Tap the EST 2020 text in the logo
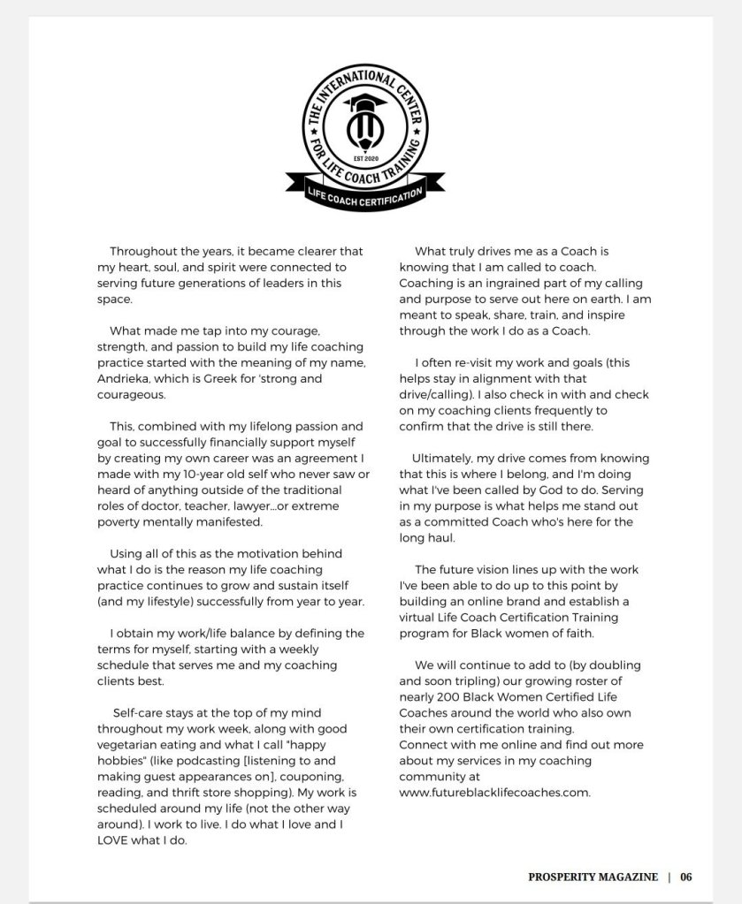click(x=364, y=158)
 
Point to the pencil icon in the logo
click(x=364, y=133)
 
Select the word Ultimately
click(x=444, y=458)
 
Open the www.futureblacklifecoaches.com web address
click(x=493, y=792)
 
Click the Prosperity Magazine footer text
click(x=593, y=877)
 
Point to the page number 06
click(x=686, y=877)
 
